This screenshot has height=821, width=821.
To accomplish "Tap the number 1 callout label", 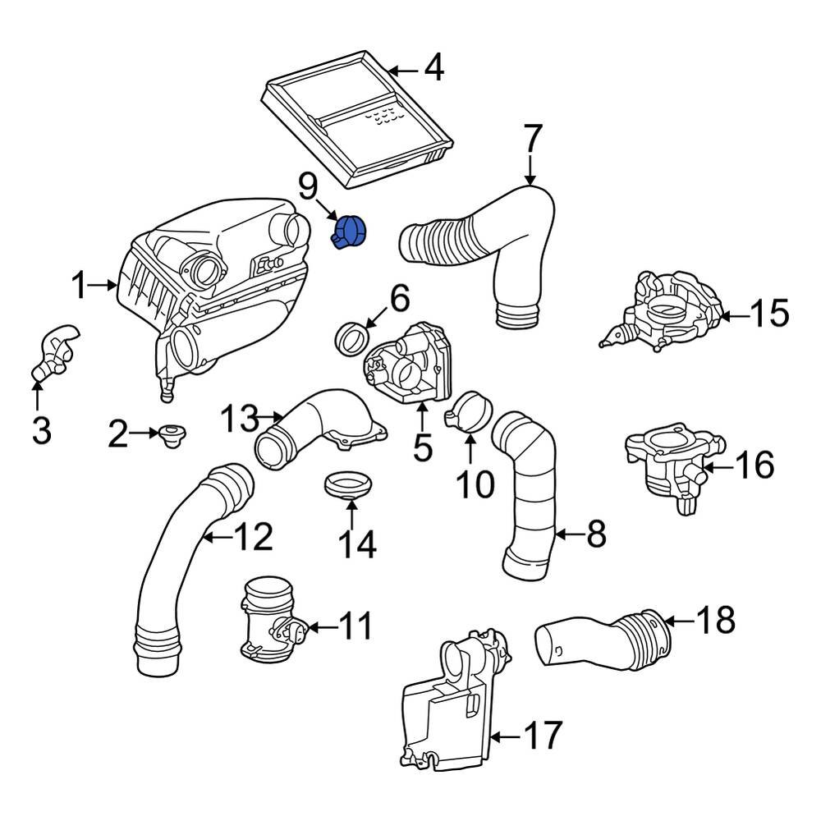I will (x=79, y=287).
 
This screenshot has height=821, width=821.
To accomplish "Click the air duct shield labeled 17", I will (x=447, y=714).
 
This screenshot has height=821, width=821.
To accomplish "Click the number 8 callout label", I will (x=596, y=534).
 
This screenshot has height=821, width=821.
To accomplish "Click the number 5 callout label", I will (x=422, y=448).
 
